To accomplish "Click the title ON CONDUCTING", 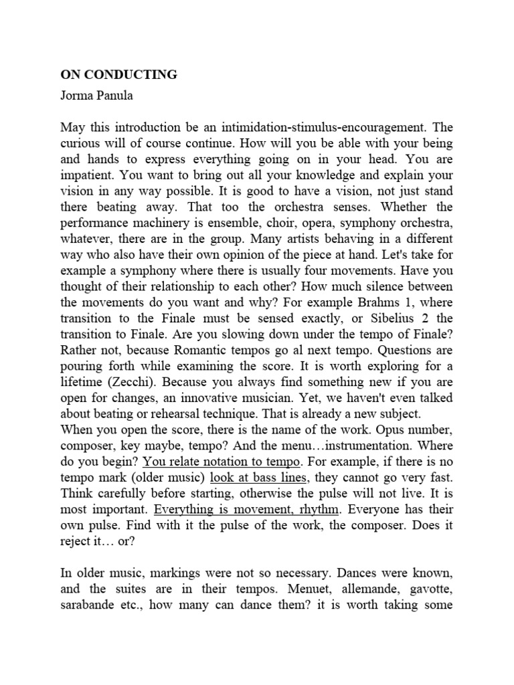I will click(x=118, y=74).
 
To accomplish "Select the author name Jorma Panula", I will click(x=96, y=95).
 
